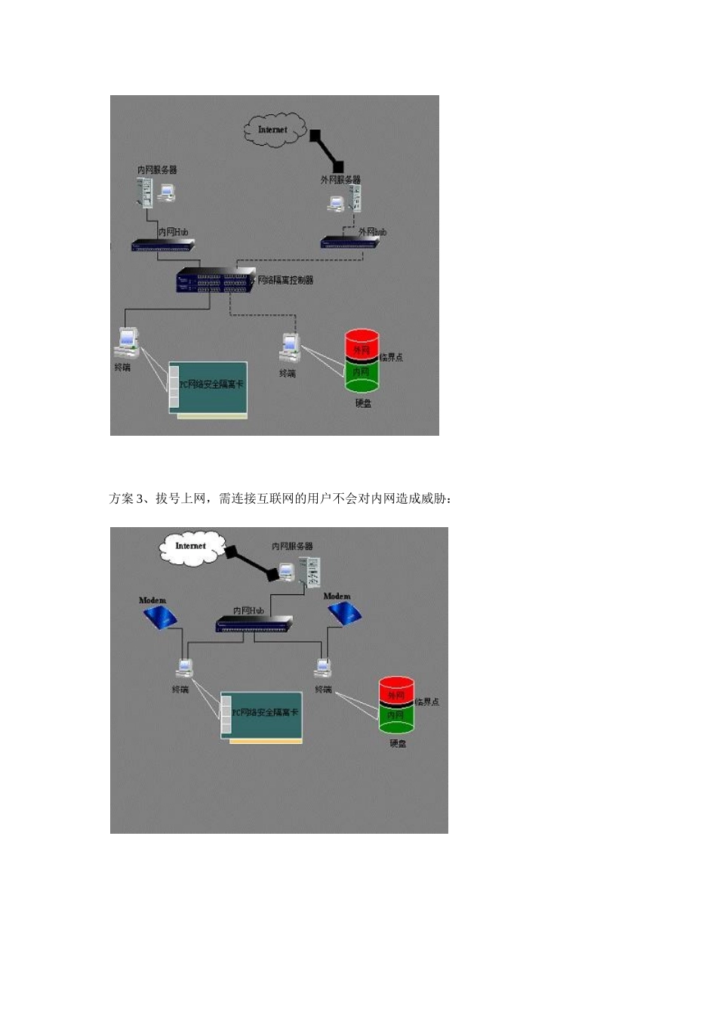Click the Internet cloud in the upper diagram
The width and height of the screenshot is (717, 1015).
tap(274, 129)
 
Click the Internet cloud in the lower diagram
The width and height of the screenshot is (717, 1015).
tap(192, 547)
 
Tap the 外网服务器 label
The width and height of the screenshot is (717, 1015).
tap(340, 180)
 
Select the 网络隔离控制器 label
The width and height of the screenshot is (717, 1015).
tap(285, 280)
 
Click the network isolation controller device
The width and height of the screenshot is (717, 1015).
tap(215, 281)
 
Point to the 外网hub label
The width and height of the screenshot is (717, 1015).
tap(372, 232)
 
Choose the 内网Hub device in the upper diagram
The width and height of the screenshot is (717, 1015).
tap(163, 245)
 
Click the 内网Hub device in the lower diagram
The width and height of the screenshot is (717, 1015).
tap(254, 624)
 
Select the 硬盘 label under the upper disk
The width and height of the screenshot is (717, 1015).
tap(364, 403)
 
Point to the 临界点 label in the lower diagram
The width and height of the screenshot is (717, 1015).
tap(427, 702)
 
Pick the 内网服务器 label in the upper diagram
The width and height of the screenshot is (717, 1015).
tap(156, 170)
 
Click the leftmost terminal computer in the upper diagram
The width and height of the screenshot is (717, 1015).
tap(126, 342)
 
